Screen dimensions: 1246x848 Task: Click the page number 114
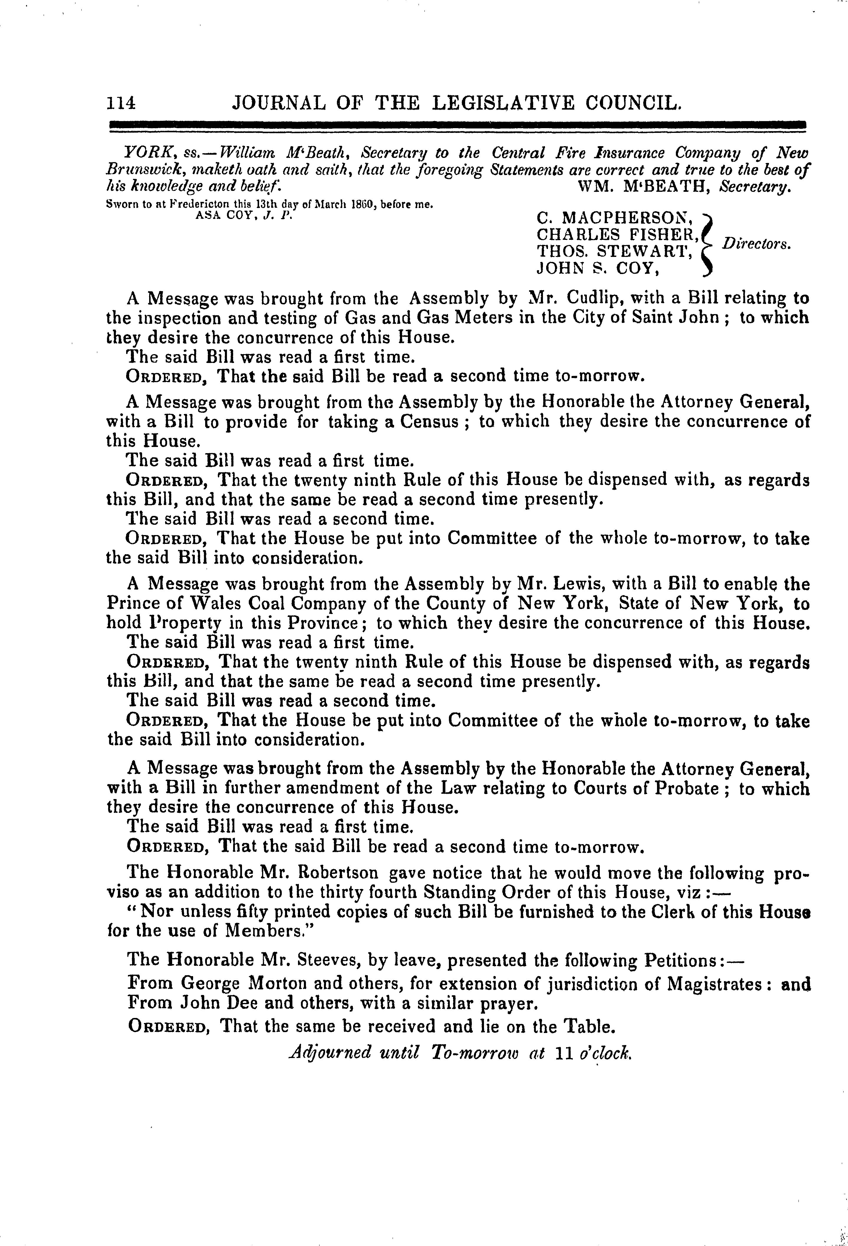click(x=121, y=103)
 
